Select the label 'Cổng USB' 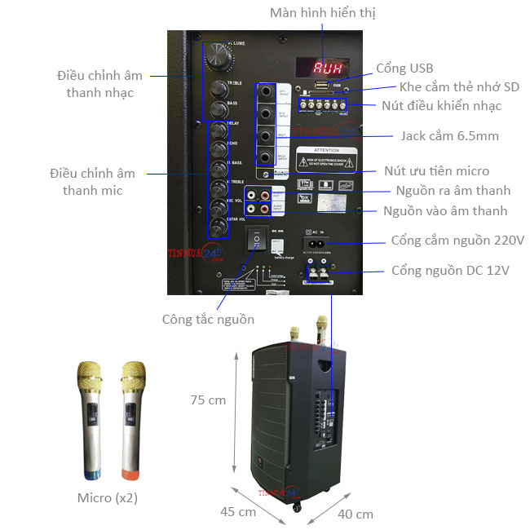point(404,68)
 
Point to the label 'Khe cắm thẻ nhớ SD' point(459,87)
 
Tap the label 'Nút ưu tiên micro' point(436,171)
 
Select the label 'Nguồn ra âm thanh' point(453,191)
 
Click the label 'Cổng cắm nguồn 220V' point(457,241)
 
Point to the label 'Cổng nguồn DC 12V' point(450,270)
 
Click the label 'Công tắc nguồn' point(207,319)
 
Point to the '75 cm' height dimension point(207,400)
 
